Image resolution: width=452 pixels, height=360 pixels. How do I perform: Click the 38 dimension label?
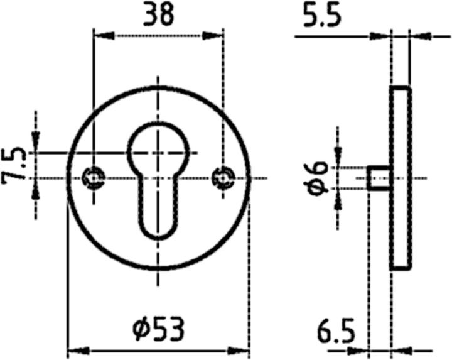[158, 15]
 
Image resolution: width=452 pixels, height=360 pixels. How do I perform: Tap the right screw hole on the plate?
[222, 177]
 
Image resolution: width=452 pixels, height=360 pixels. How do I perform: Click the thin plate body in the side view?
[402, 178]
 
